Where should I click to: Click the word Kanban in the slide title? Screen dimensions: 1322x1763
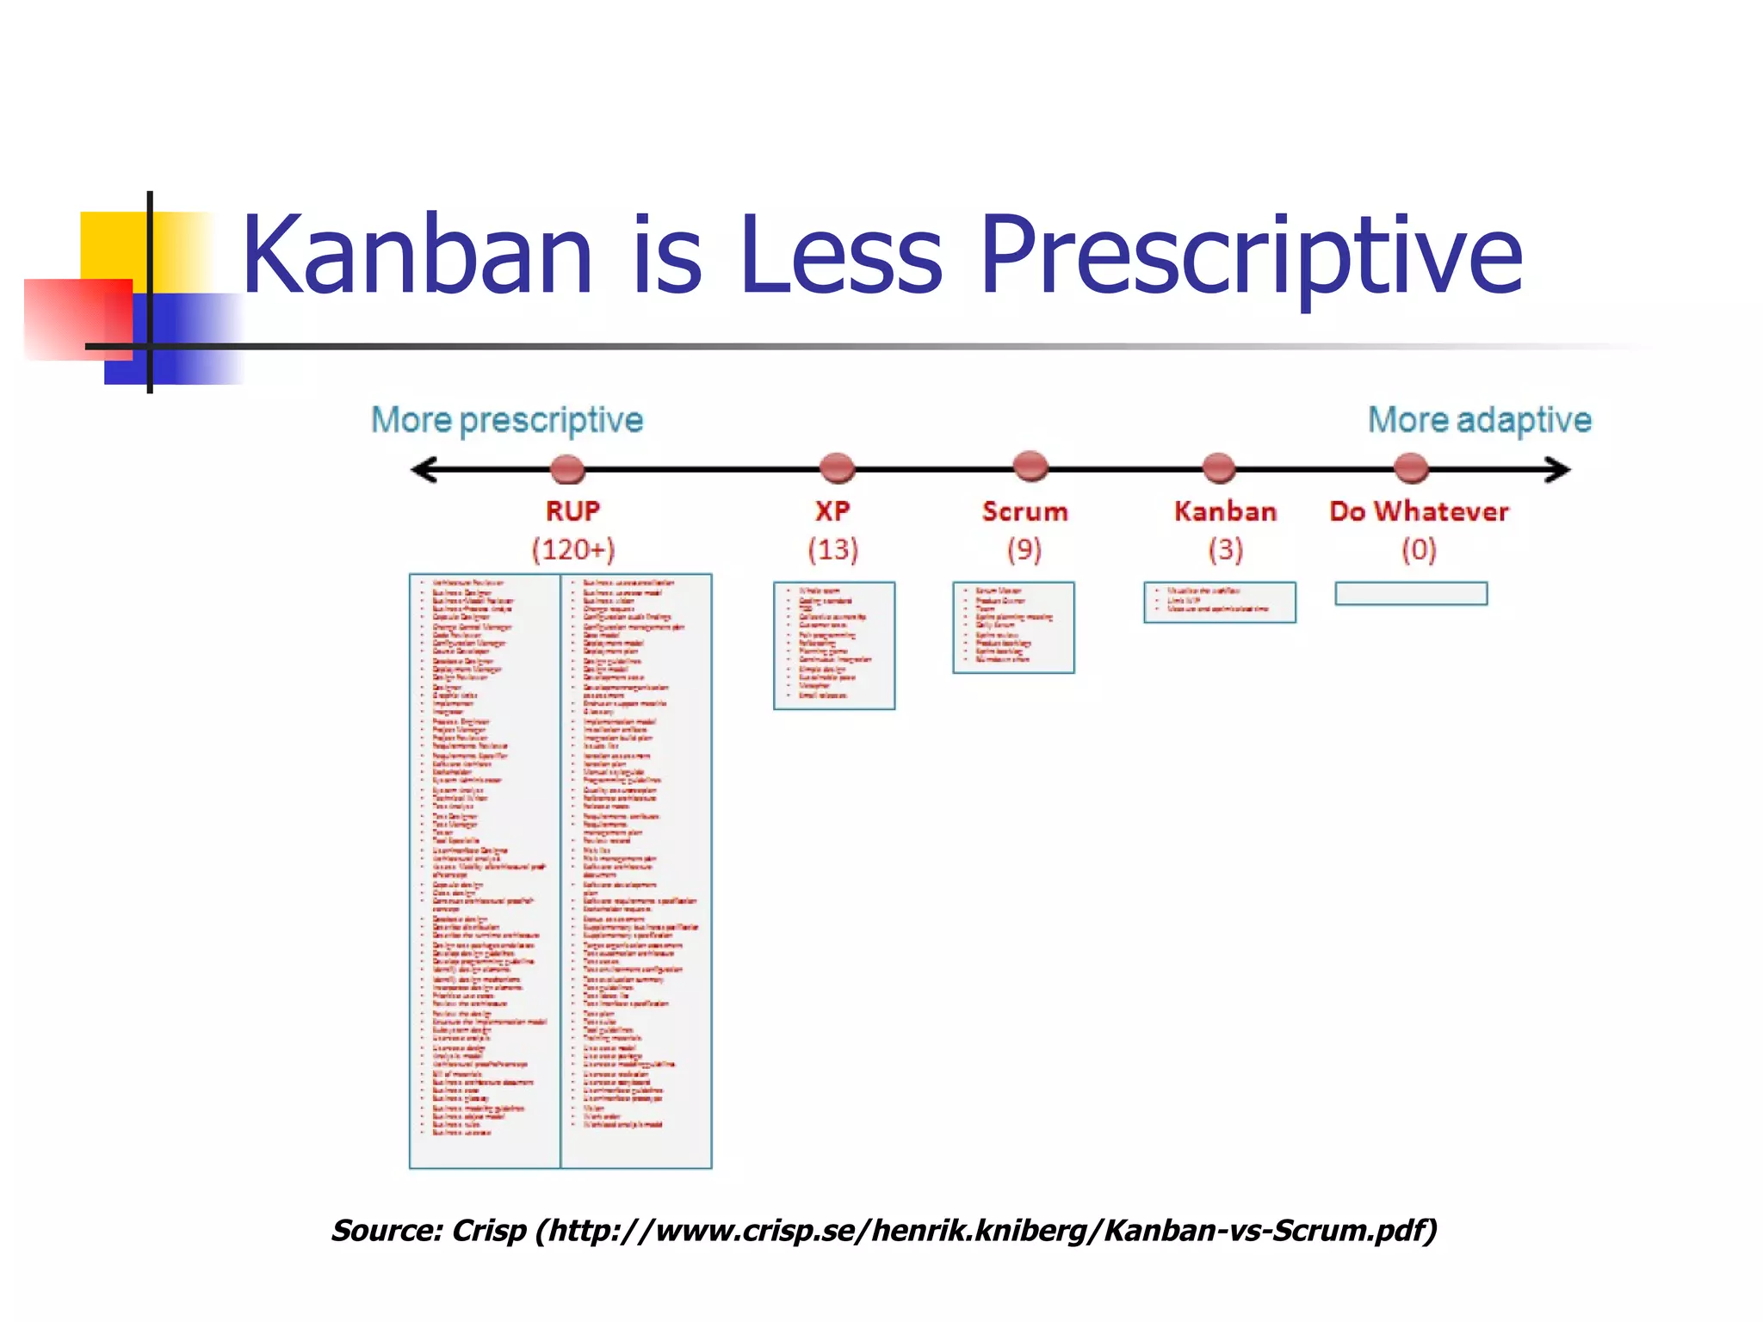(418, 256)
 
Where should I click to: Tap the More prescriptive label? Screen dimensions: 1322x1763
(507, 420)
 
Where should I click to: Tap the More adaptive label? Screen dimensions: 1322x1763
(1479, 420)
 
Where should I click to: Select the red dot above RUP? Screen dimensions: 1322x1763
(567, 469)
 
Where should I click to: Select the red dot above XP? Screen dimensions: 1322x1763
(837, 467)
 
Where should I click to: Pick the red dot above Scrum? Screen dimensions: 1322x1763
(1030, 466)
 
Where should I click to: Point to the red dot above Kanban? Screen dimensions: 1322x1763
(1218, 467)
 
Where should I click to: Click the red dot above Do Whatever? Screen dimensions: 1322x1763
(1411, 467)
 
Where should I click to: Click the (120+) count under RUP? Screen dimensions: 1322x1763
(573, 549)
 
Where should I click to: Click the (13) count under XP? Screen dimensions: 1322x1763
(833, 549)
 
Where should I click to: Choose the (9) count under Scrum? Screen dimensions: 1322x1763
(1024, 549)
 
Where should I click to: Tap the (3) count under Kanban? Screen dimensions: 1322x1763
(1226, 549)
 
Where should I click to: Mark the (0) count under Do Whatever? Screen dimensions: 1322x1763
(1419, 549)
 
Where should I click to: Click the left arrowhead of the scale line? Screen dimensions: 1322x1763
(424, 469)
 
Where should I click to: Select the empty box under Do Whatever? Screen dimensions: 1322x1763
(1411, 594)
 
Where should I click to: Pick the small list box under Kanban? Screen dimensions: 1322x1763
(1219, 602)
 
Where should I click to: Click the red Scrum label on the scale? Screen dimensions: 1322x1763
(1024, 511)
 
